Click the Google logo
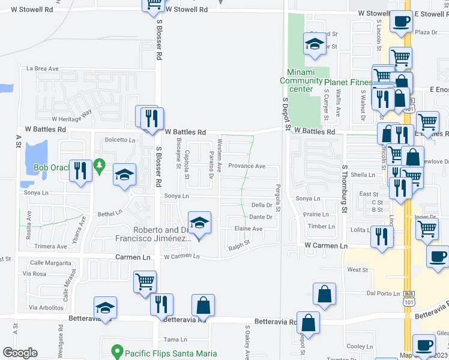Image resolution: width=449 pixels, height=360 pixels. [x=20, y=353]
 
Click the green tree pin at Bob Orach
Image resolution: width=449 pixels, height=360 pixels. [x=100, y=164]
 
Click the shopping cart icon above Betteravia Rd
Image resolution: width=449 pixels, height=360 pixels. [x=145, y=281]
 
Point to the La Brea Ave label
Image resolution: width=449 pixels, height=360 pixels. [x=42, y=68]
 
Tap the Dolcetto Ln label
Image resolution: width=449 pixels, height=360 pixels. [x=121, y=140]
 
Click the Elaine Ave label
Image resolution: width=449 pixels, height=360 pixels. [x=249, y=229]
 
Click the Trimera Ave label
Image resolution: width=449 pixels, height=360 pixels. [x=50, y=247]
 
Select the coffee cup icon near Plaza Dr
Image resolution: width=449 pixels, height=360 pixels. [x=400, y=22]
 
